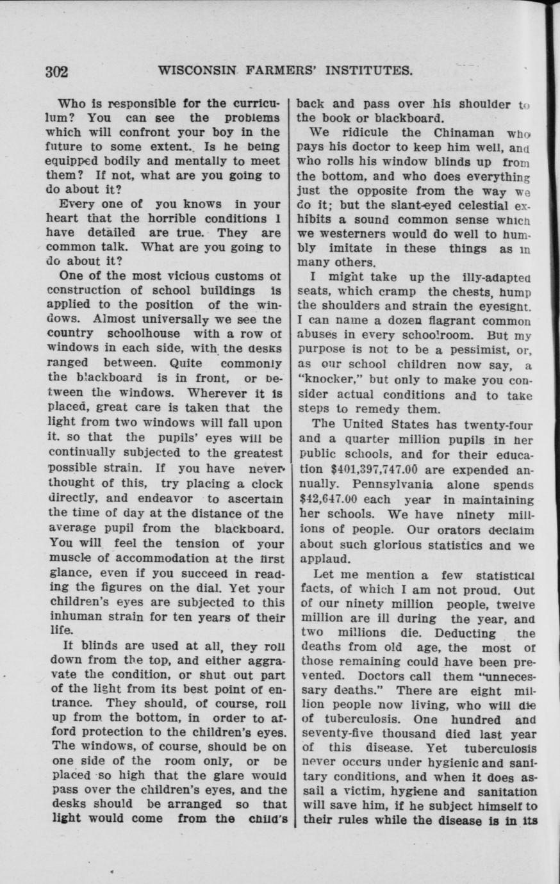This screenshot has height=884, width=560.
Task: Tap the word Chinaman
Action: (465, 133)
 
